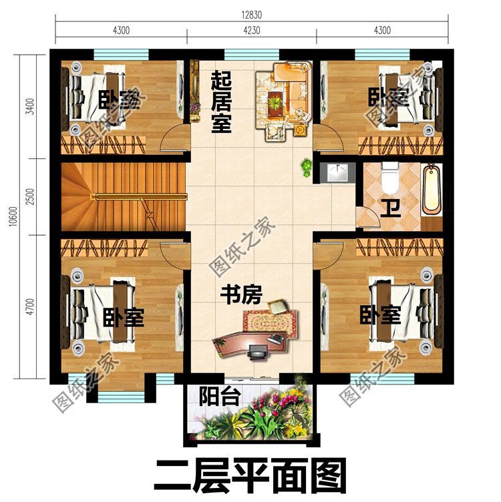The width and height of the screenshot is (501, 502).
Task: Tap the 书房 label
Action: pos(241,294)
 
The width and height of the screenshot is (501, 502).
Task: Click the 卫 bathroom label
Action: pos(387,208)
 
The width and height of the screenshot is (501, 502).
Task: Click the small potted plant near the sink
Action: pos(307,166)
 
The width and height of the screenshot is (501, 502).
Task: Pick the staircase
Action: pos(124,198)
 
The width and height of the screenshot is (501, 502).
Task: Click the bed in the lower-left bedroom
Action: pos(100,314)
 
